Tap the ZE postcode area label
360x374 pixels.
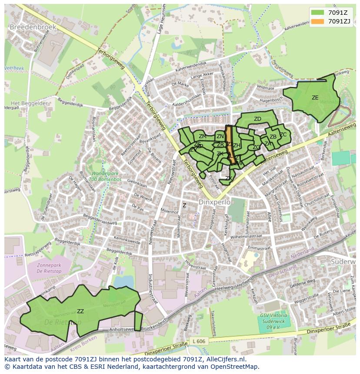(x=315, y=98)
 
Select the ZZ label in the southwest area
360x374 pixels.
(x=80, y=311)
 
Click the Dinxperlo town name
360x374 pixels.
(x=213, y=202)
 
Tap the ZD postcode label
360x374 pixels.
(x=257, y=119)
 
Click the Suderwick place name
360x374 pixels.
(x=343, y=262)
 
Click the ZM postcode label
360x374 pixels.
(x=203, y=136)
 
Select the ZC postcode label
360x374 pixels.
(x=283, y=135)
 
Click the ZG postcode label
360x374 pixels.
(x=256, y=147)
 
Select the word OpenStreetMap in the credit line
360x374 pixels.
(x=234, y=367)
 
